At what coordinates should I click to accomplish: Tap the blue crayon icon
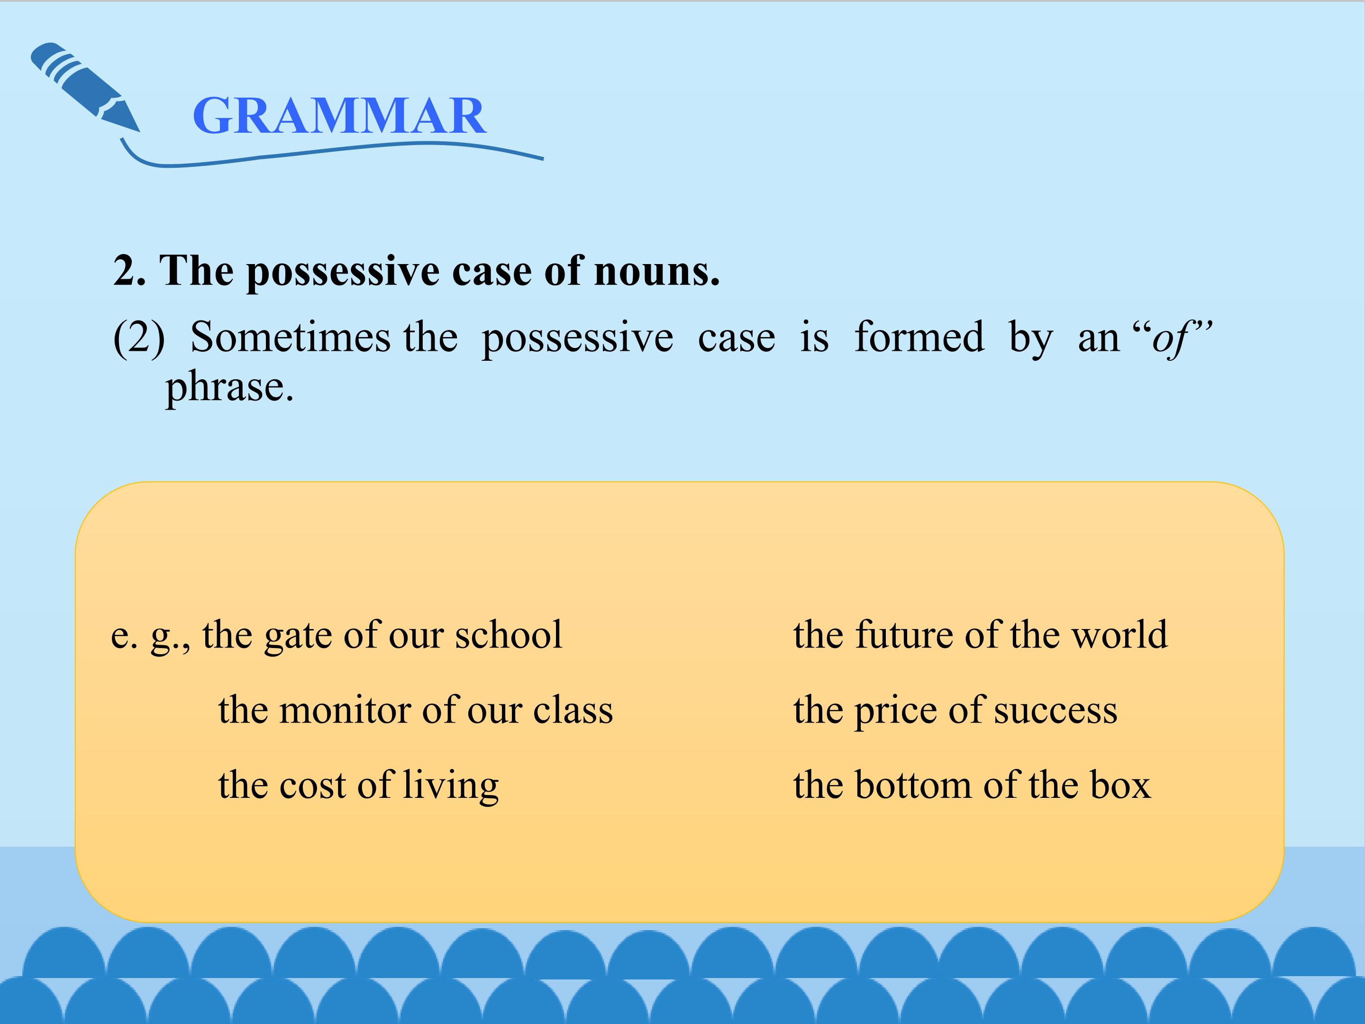pyautogui.click(x=85, y=87)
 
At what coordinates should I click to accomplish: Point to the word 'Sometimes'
pyautogui.click(x=290, y=337)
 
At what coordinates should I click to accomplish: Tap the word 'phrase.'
pyautogui.click(x=229, y=388)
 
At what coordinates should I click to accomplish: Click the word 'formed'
pyautogui.click(x=919, y=337)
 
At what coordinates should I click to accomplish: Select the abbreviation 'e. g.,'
pyautogui.click(x=151, y=636)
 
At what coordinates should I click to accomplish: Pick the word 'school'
pyautogui.click(x=509, y=634)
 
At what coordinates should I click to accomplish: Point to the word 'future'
pyautogui.click(x=905, y=634)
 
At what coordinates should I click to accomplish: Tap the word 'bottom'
pyautogui.click(x=913, y=785)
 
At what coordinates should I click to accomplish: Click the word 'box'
pyautogui.click(x=1120, y=785)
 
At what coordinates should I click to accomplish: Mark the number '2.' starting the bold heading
pyautogui.click(x=129, y=272)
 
